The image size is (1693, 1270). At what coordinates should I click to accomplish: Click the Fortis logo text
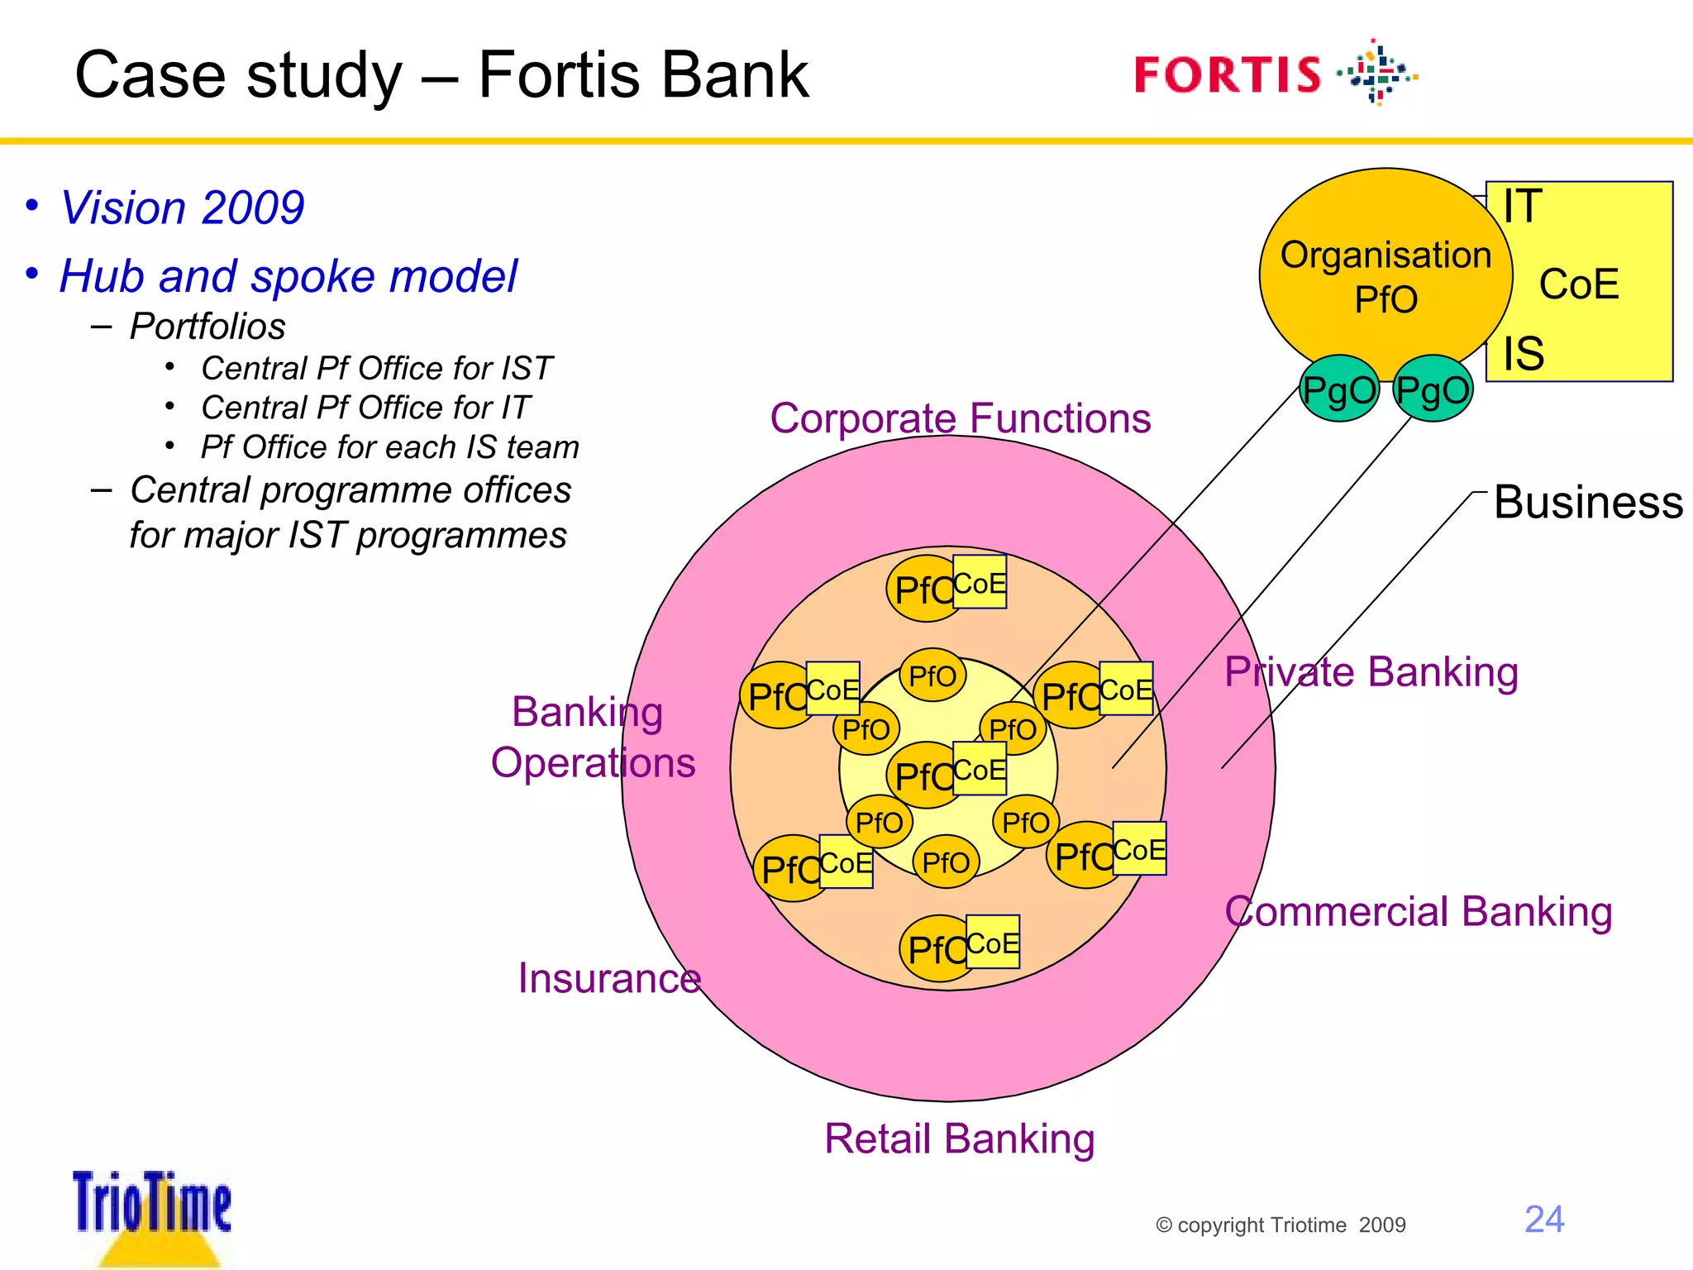point(1228,75)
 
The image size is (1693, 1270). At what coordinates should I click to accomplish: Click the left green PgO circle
point(1339,389)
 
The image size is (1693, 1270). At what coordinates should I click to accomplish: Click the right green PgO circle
point(1433,389)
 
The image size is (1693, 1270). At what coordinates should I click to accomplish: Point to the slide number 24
point(1543,1220)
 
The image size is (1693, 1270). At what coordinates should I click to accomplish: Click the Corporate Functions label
point(960,418)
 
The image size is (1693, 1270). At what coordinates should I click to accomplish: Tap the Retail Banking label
point(959,1139)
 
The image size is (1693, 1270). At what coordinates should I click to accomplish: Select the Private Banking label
point(1371,671)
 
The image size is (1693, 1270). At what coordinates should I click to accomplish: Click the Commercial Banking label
point(1418,911)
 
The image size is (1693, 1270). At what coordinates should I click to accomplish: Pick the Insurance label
point(609,978)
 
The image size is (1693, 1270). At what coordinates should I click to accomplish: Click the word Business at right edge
point(1588,502)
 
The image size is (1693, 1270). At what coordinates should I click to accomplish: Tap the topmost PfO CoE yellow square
point(980,582)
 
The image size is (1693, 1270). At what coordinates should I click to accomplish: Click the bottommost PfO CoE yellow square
point(992,942)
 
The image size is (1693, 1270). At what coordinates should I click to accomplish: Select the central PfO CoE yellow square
point(980,769)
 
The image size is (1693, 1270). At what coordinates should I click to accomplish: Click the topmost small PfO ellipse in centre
point(932,676)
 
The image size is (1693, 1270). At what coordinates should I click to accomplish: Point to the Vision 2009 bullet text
point(182,208)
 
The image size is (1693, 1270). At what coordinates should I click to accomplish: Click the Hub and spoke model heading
point(288,276)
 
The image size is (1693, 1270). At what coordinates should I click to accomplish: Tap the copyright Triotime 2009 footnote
point(1280,1225)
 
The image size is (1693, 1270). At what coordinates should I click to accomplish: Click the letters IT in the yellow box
point(1523,206)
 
